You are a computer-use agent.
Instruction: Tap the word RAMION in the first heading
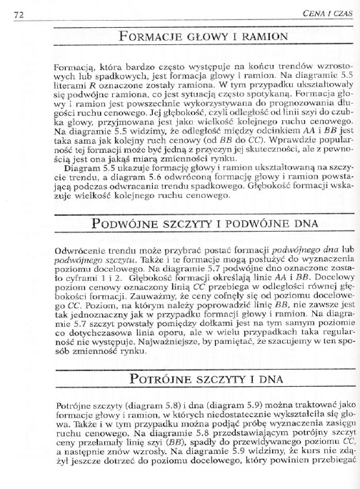(x=248, y=35)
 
